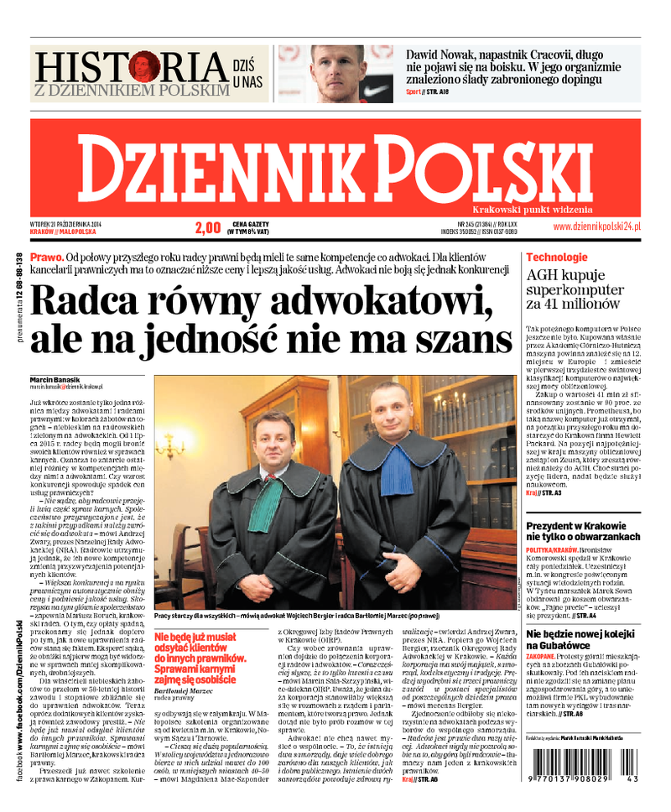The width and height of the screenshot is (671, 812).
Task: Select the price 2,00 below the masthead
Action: (207, 227)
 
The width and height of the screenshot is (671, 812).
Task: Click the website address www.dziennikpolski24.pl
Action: (596, 226)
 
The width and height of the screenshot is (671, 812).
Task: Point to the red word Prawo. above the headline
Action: (45, 257)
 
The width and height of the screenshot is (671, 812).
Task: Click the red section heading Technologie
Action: (556, 258)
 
